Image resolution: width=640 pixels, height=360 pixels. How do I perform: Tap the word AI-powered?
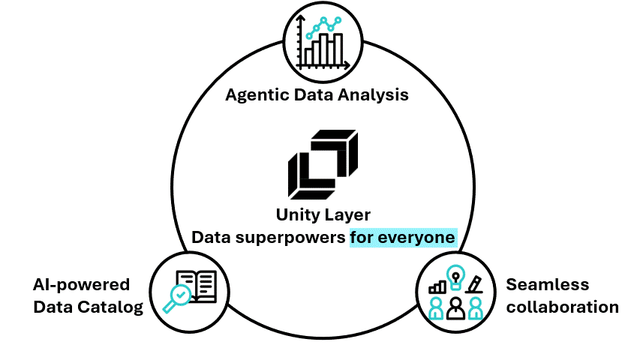point(81,285)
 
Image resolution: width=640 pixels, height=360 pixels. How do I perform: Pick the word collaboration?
point(562,307)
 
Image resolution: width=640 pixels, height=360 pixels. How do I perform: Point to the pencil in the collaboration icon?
point(474,284)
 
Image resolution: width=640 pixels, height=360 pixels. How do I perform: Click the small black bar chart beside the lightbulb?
point(437,286)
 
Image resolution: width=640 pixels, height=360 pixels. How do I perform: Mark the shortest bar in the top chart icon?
point(308,56)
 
